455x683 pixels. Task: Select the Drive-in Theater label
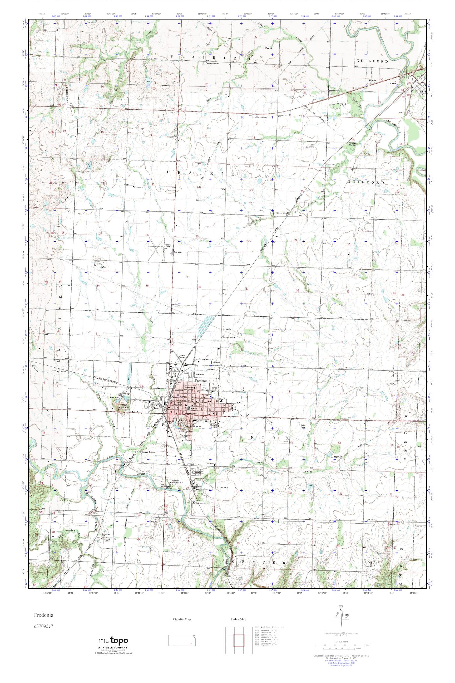click(x=182, y=356)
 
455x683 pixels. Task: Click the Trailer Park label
click(x=200, y=375)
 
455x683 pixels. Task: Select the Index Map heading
click(x=239, y=619)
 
